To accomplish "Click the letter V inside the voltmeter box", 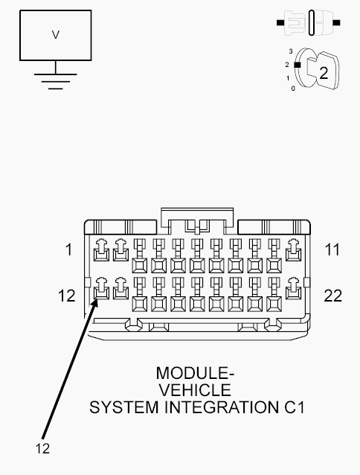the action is (x=55, y=35).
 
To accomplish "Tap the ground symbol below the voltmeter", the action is (x=55, y=81).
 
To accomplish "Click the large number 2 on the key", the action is (x=324, y=73).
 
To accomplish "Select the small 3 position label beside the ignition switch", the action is (x=291, y=51).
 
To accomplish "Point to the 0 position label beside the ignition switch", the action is (x=293, y=89).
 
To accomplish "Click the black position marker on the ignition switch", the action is (x=298, y=65).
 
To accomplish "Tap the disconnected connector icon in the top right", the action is (x=309, y=23).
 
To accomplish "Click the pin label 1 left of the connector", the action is (x=69, y=249).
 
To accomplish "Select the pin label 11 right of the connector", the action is (x=332, y=249).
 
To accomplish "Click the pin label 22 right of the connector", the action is (x=332, y=296).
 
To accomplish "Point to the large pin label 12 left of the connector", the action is (x=66, y=296).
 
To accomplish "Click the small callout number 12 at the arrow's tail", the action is (x=42, y=448).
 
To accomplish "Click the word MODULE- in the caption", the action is (x=195, y=373).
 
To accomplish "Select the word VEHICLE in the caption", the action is (x=195, y=390).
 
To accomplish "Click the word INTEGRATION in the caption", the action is (x=222, y=407).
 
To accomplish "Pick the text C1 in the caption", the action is (x=294, y=407).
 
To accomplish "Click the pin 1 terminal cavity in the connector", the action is (x=101, y=250).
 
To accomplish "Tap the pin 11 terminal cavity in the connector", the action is (x=293, y=250).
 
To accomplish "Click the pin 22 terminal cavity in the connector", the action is (x=293, y=289).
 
